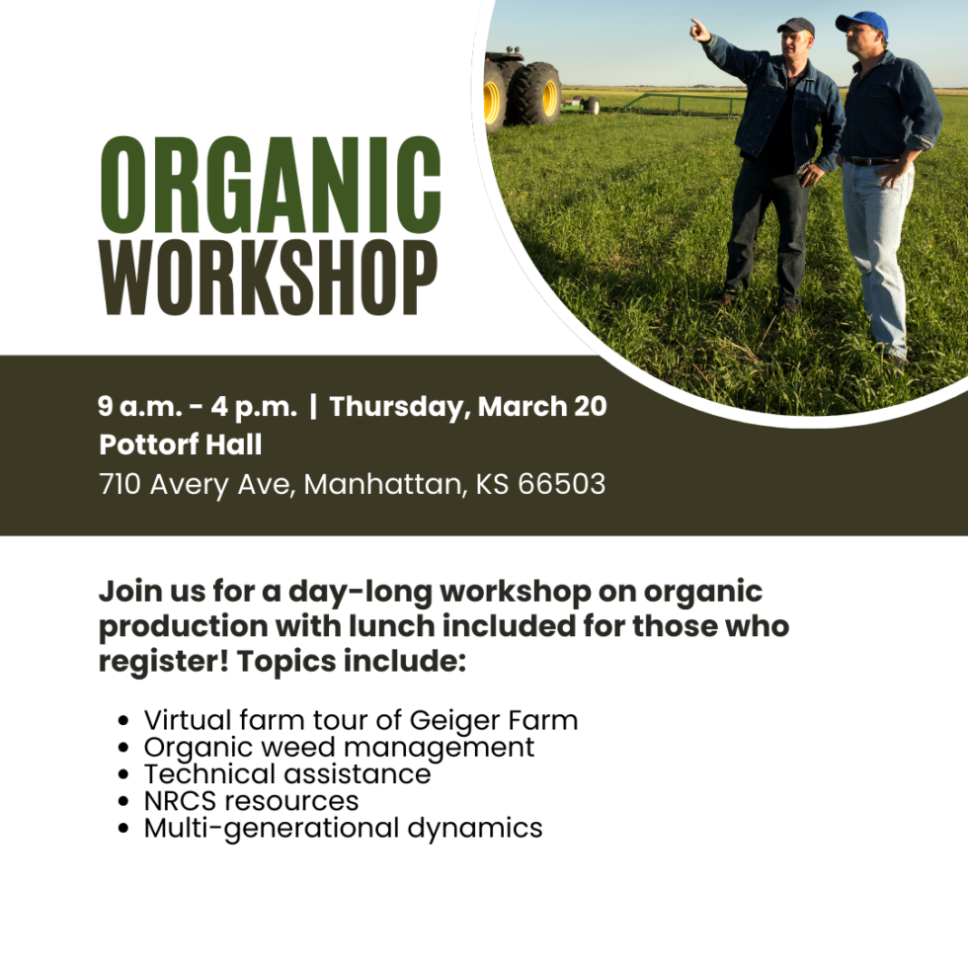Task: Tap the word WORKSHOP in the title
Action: (x=269, y=280)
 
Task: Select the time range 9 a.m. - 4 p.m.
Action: (x=198, y=406)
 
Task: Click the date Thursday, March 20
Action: (x=468, y=406)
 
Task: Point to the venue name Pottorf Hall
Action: (x=181, y=444)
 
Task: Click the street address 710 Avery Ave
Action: (x=197, y=485)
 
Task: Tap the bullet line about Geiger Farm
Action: (x=361, y=720)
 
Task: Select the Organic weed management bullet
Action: (x=339, y=747)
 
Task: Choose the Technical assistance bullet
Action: (x=287, y=773)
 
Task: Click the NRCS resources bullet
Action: (x=251, y=800)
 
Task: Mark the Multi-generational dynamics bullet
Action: (x=343, y=827)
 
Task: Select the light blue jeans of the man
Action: (x=875, y=247)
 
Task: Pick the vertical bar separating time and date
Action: (x=313, y=406)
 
